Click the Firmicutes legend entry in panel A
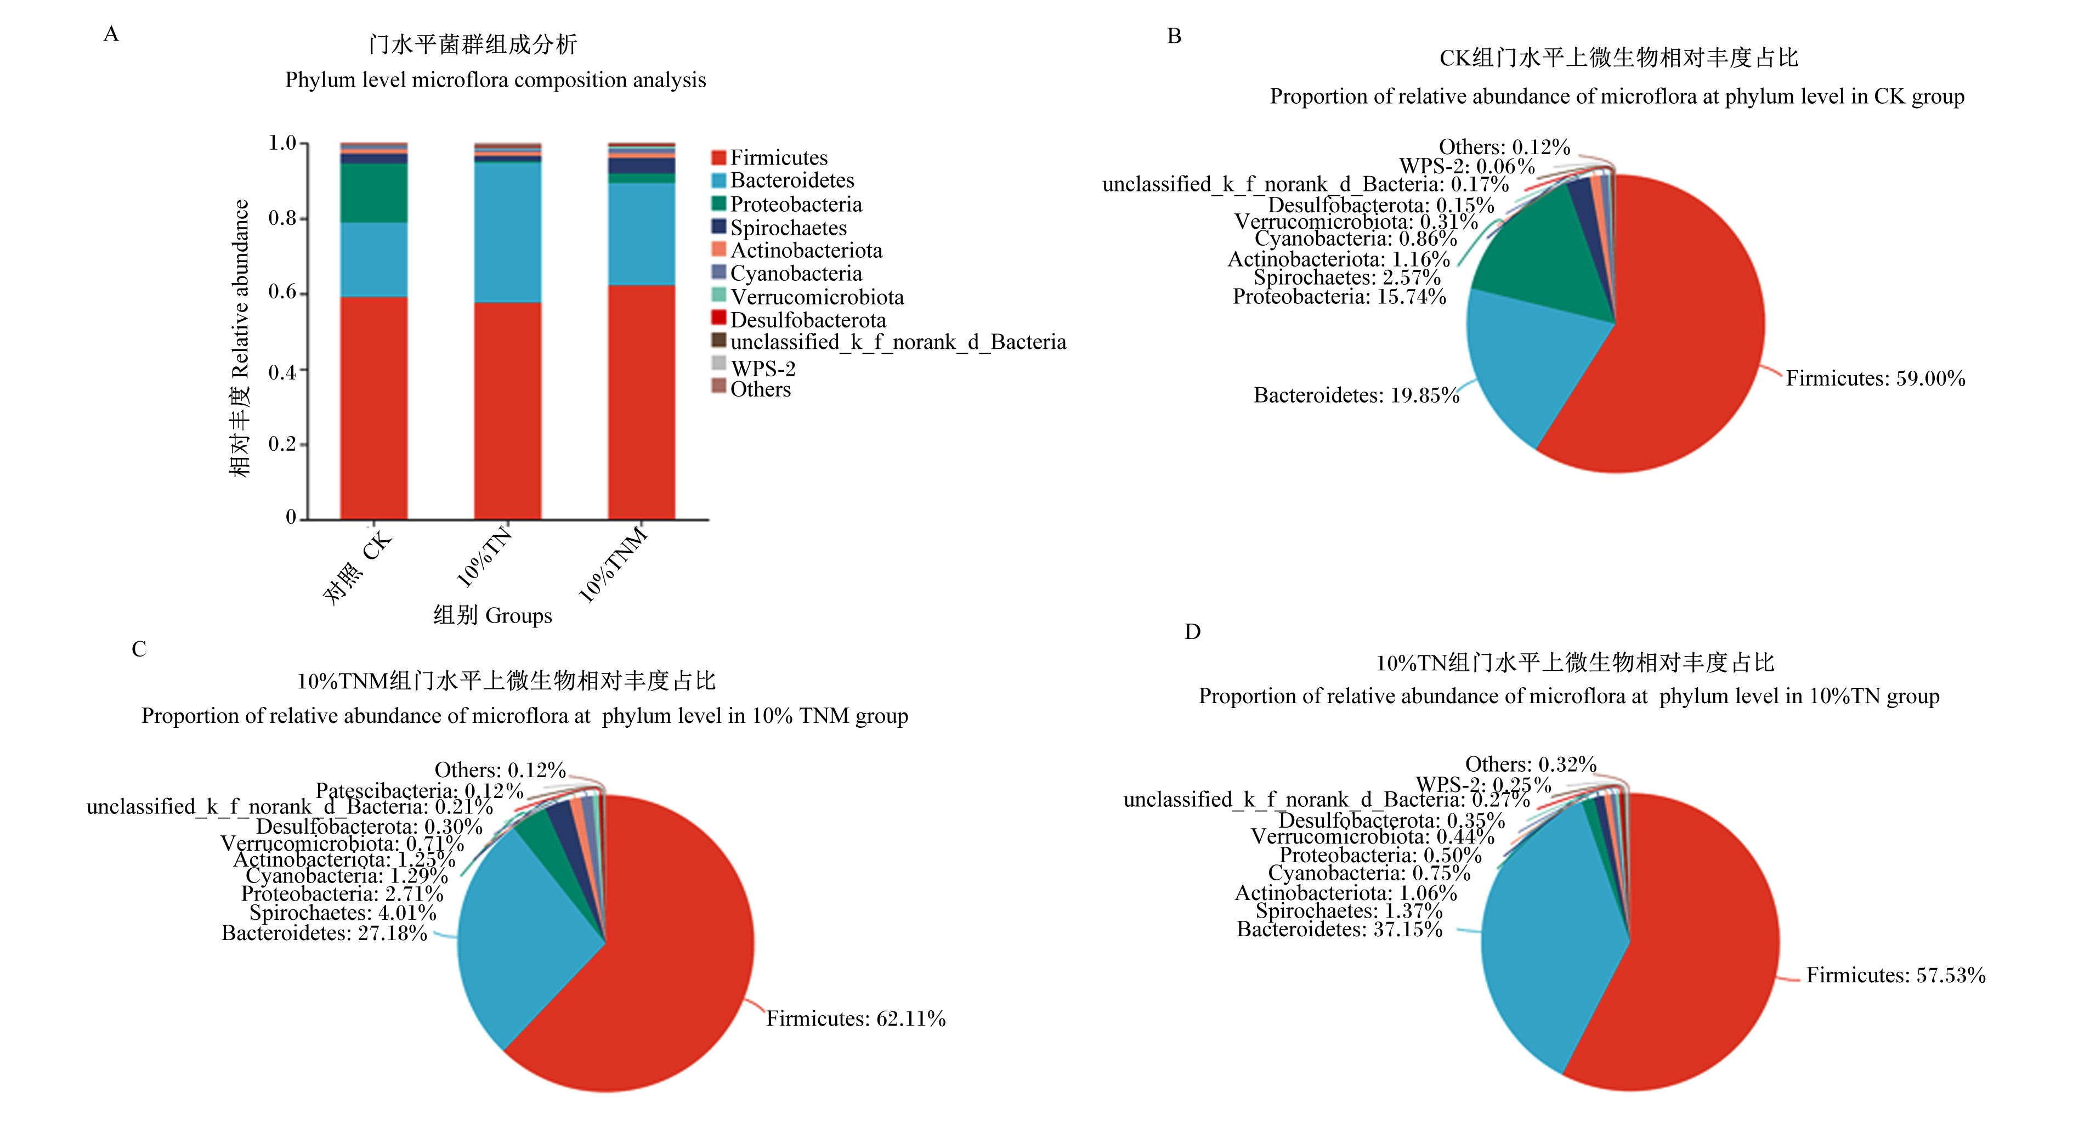769,158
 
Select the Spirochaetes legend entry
779,228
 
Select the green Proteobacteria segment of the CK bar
373,193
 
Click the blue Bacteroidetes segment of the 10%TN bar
508,232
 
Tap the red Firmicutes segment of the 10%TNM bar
642,401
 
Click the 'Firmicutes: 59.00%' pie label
1876,378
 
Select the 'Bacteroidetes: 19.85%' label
1356,395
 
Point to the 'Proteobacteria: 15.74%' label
1339,297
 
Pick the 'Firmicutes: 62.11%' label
856,1019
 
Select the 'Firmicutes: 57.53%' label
1896,976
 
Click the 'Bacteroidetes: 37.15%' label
1340,930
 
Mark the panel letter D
1193,632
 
